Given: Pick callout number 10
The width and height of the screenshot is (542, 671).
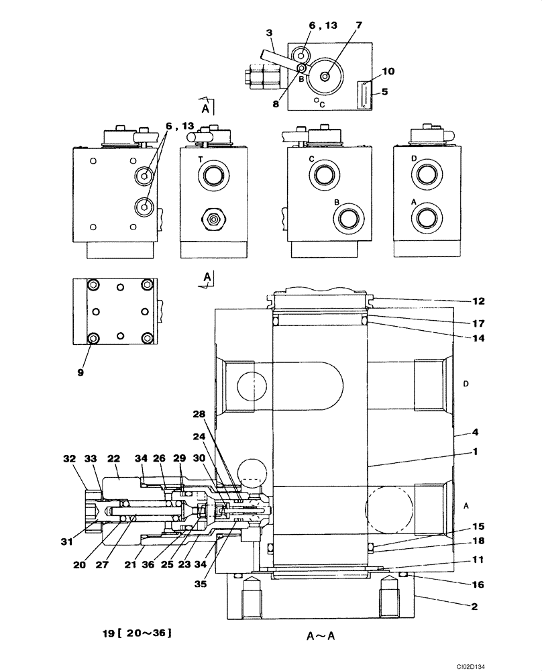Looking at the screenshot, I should [388, 70].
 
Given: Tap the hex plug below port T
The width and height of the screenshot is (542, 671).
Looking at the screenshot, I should [214, 219].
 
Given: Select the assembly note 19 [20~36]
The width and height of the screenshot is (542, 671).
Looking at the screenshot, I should [137, 631].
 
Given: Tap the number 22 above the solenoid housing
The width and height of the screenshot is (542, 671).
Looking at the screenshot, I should [113, 458].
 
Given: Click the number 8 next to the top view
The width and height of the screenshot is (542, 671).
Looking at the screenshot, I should [275, 104].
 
